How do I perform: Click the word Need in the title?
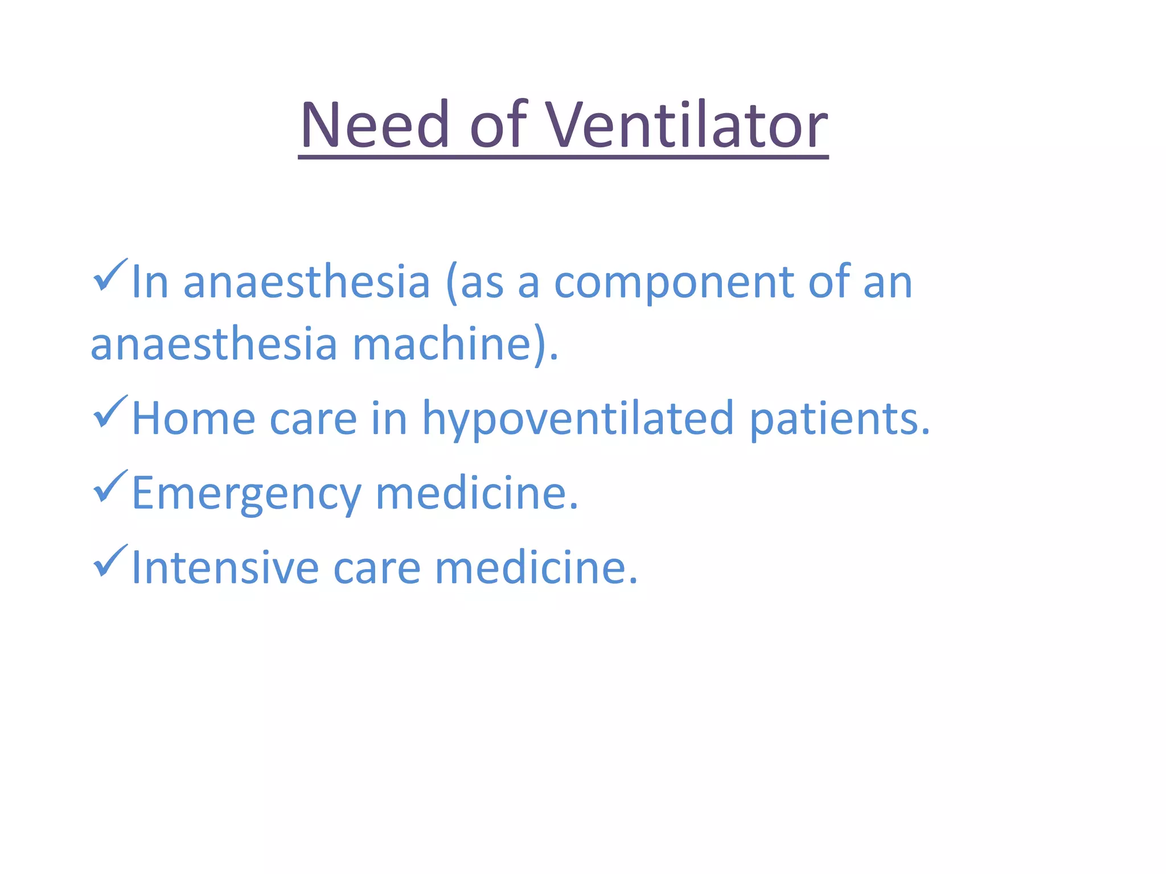click(375, 125)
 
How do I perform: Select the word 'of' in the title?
click(498, 125)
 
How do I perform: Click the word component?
click(674, 283)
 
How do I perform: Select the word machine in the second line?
click(442, 345)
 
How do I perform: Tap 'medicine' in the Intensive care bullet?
click(536, 568)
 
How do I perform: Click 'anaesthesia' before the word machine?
click(214, 345)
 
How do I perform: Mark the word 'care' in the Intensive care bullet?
click(376, 568)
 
